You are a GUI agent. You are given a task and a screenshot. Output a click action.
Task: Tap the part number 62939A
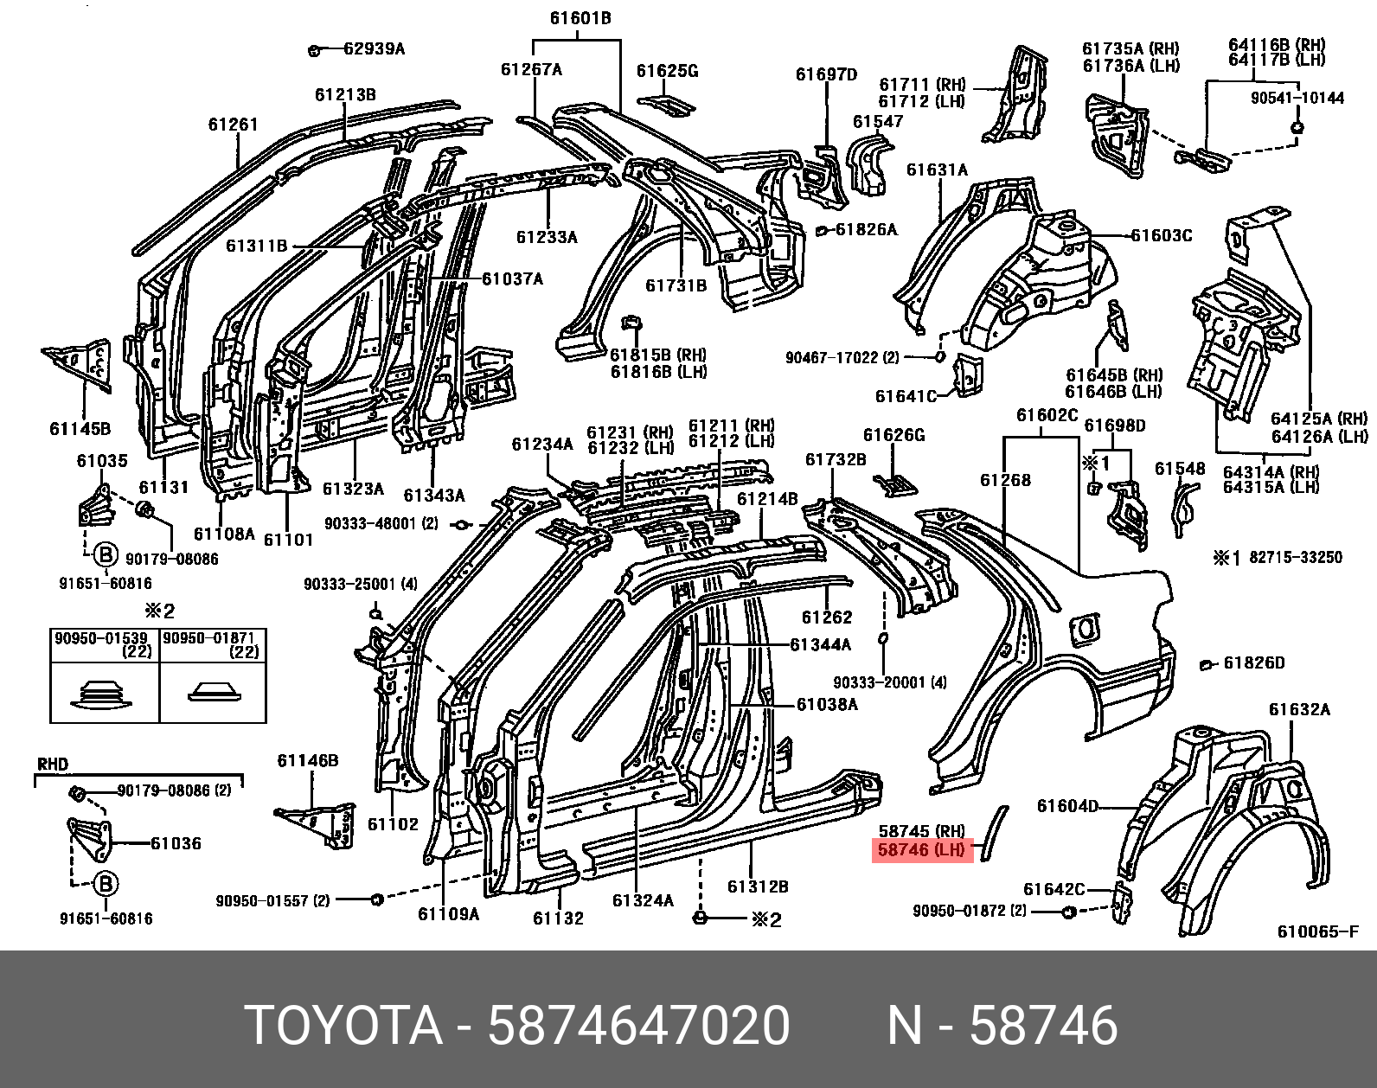(x=373, y=48)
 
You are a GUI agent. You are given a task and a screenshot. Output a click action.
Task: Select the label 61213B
(x=344, y=95)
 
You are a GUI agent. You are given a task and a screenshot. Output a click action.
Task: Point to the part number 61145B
(x=80, y=427)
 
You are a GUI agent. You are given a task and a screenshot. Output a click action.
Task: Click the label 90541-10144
(x=1297, y=98)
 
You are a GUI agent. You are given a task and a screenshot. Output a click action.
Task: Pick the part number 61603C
(x=1162, y=235)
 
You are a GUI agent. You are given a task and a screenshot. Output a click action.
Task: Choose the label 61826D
(x=1253, y=663)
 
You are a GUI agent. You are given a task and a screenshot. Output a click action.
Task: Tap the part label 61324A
(x=643, y=900)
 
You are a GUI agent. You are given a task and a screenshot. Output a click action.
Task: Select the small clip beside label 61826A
(x=823, y=230)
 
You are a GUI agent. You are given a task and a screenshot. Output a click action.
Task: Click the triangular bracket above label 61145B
(x=80, y=363)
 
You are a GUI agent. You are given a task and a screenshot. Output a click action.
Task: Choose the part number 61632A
(x=1299, y=710)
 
